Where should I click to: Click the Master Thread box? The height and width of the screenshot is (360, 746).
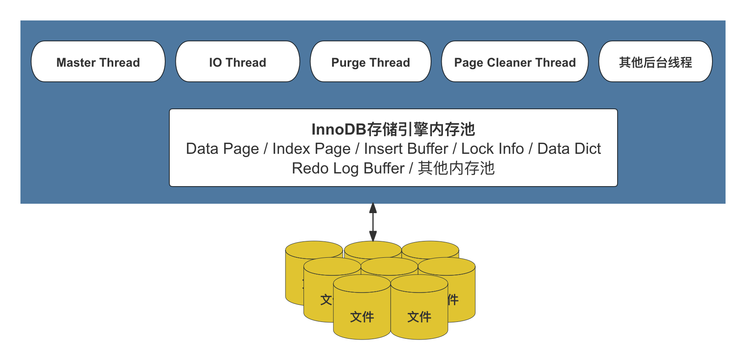98,62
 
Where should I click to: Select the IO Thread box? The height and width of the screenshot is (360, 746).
238,62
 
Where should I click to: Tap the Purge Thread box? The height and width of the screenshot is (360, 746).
371,62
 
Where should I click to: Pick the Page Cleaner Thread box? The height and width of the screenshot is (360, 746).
515,62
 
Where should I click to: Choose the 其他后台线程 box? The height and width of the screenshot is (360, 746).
655,62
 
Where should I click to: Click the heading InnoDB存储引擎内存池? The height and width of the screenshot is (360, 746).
393,129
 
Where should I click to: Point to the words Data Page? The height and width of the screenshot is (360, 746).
222,149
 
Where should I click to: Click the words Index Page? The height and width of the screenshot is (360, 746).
311,149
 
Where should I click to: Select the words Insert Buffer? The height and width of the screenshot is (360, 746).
406,149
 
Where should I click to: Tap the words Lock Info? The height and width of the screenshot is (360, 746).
492,149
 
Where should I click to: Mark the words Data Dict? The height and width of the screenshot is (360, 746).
569,149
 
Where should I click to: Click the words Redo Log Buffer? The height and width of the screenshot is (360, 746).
348,169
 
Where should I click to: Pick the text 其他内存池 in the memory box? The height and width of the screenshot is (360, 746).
456,169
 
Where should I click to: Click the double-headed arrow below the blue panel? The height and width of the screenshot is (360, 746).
373,222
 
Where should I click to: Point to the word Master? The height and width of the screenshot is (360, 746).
76,63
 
